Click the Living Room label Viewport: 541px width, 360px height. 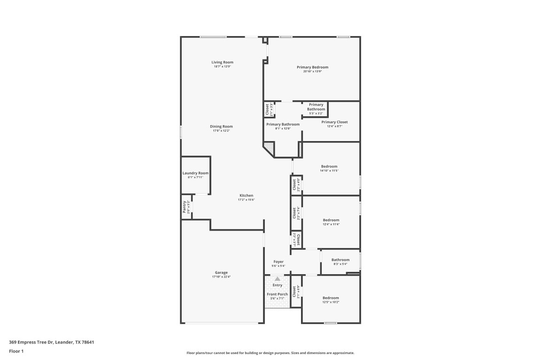point(222,62)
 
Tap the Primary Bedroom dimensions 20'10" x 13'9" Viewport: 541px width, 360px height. point(312,72)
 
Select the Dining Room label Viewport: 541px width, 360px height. point(221,127)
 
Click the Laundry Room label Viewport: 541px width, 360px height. point(195,173)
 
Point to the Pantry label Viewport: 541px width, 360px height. point(185,207)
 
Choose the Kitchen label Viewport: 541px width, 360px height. point(246,195)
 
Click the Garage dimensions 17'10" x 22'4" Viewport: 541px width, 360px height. point(221,277)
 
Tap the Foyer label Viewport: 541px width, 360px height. point(278,262)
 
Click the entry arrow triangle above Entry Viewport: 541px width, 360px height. point(278,278)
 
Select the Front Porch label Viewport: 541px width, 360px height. point(278,294)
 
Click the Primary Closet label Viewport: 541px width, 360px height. point(334,122)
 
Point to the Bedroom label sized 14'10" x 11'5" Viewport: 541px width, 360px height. point(329,166)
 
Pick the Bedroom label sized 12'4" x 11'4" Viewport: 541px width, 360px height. point(331,220)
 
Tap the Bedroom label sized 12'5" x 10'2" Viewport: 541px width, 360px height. point(331,298)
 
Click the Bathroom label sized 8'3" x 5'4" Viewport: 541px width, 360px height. point(340,260)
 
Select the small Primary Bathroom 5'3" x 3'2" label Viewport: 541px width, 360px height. point(316,107)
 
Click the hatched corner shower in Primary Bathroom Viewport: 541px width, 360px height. point(268,149)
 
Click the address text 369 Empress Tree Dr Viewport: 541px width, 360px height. point(52,342)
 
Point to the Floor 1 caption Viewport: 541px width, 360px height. point(16,351)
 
